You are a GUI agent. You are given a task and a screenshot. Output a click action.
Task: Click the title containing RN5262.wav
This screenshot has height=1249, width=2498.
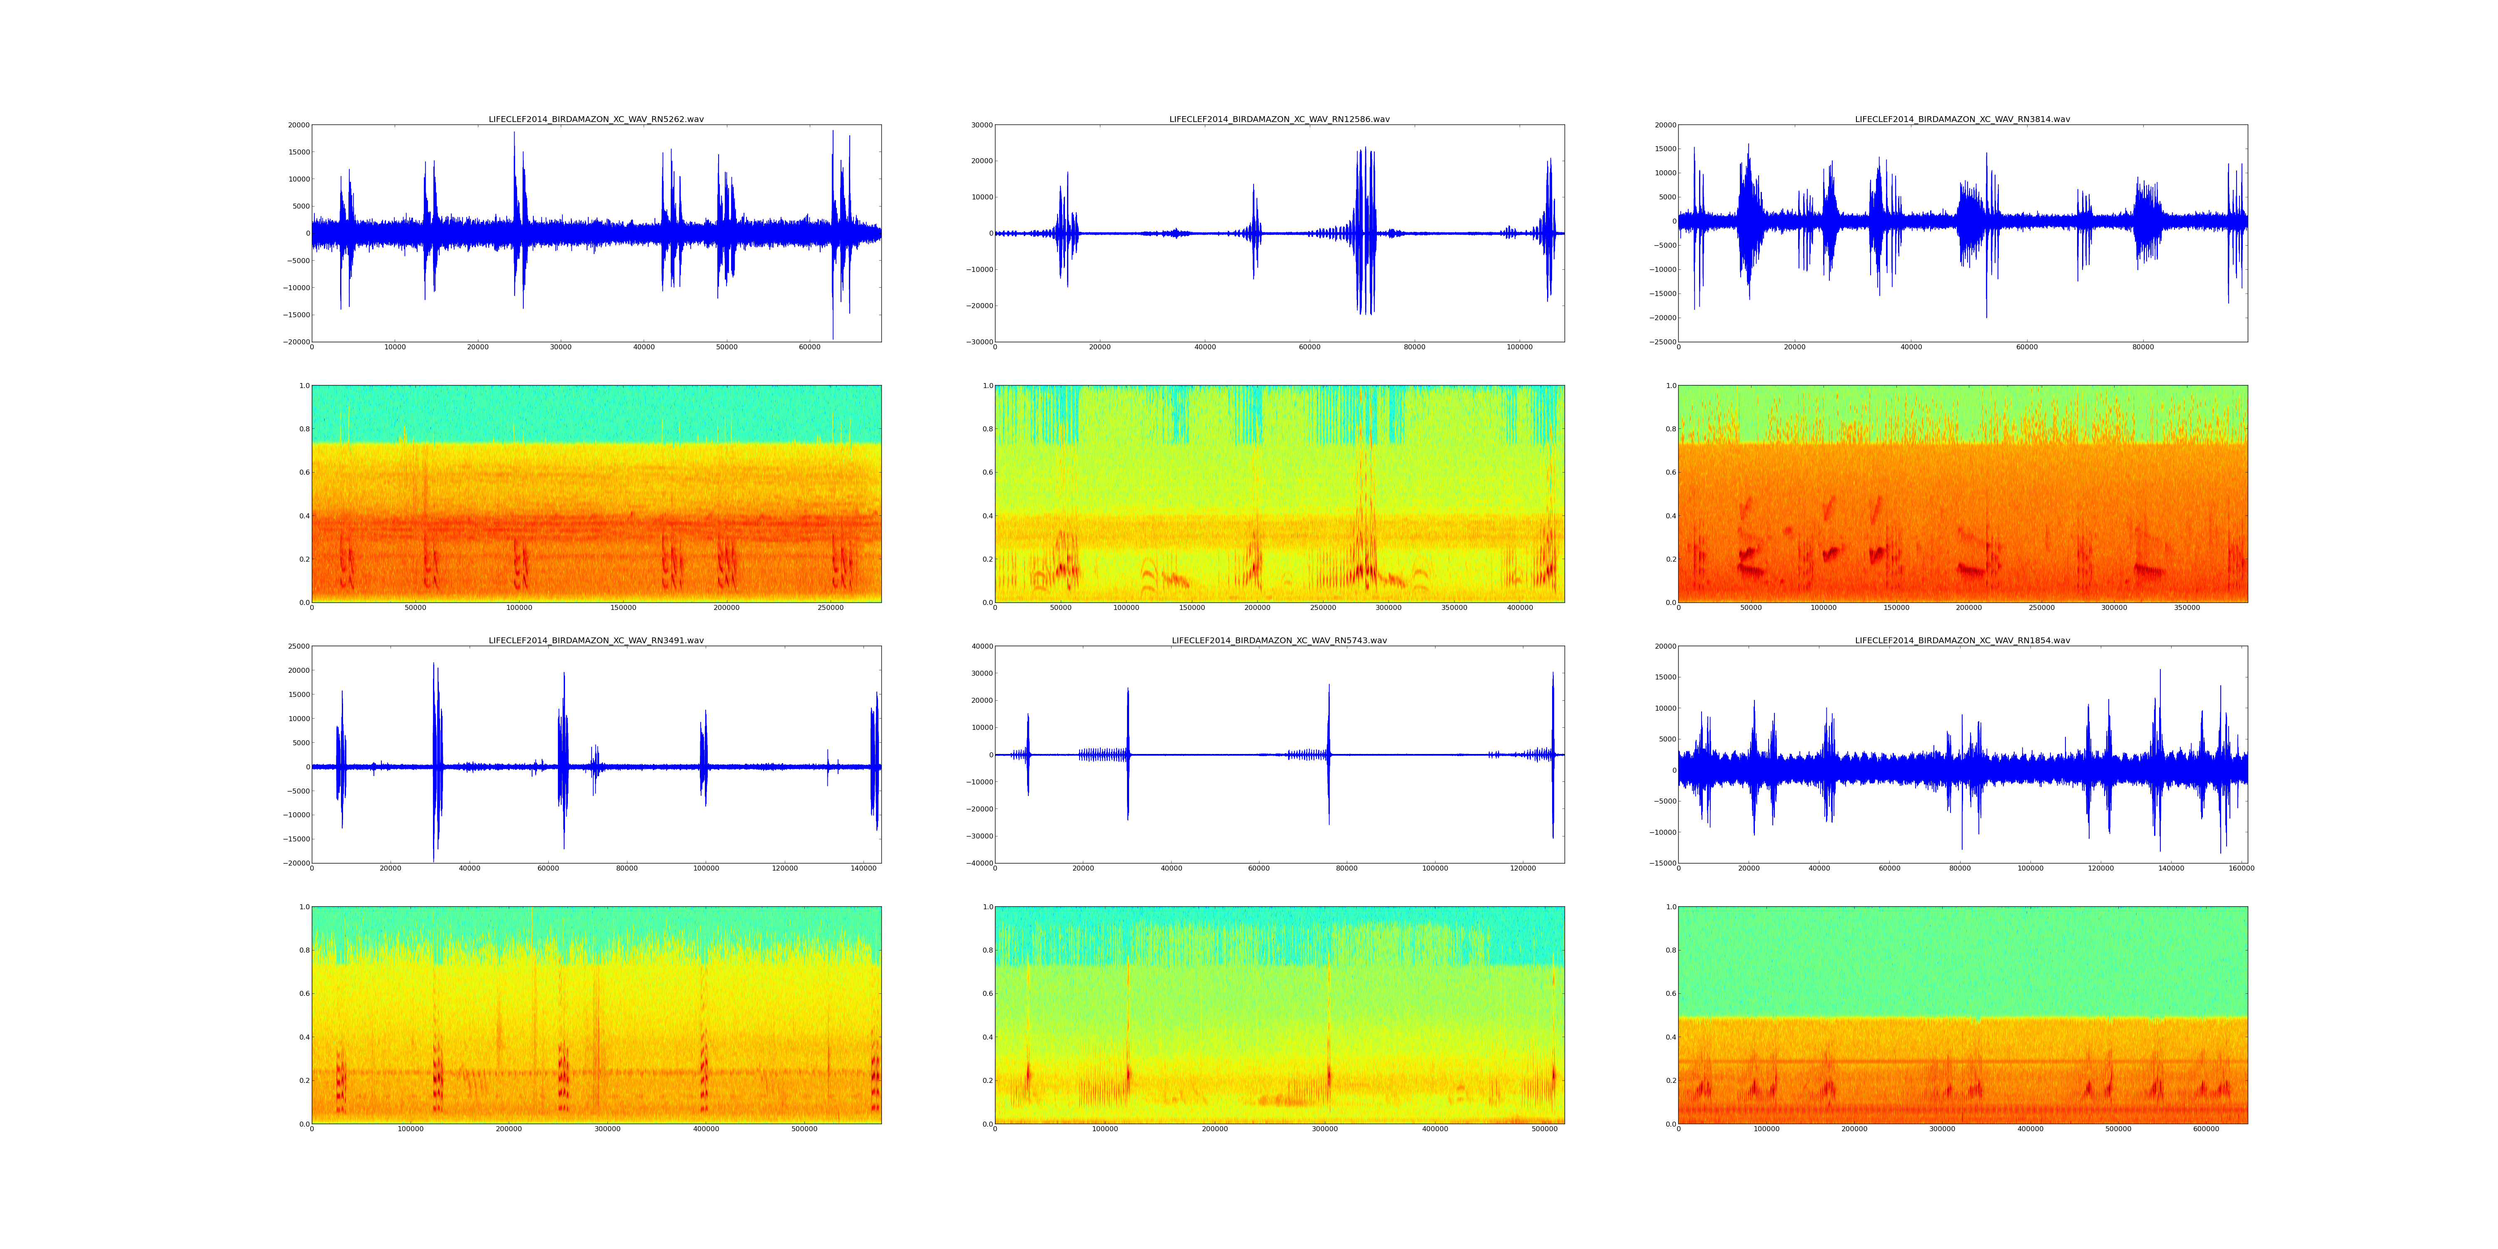595,119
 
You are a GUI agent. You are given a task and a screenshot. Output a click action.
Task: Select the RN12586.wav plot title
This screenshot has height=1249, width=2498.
1279,119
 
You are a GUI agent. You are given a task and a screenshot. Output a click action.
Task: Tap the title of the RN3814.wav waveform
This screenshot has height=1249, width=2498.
1962,119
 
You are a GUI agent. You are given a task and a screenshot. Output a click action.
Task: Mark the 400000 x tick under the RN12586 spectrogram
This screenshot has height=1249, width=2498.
1520,608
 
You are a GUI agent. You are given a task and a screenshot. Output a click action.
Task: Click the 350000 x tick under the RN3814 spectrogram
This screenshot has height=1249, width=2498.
2187,608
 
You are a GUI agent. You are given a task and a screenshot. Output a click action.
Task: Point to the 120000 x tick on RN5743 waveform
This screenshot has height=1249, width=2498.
1523,869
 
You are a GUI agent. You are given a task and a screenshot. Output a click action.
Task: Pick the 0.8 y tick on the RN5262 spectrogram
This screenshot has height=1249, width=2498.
304,429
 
